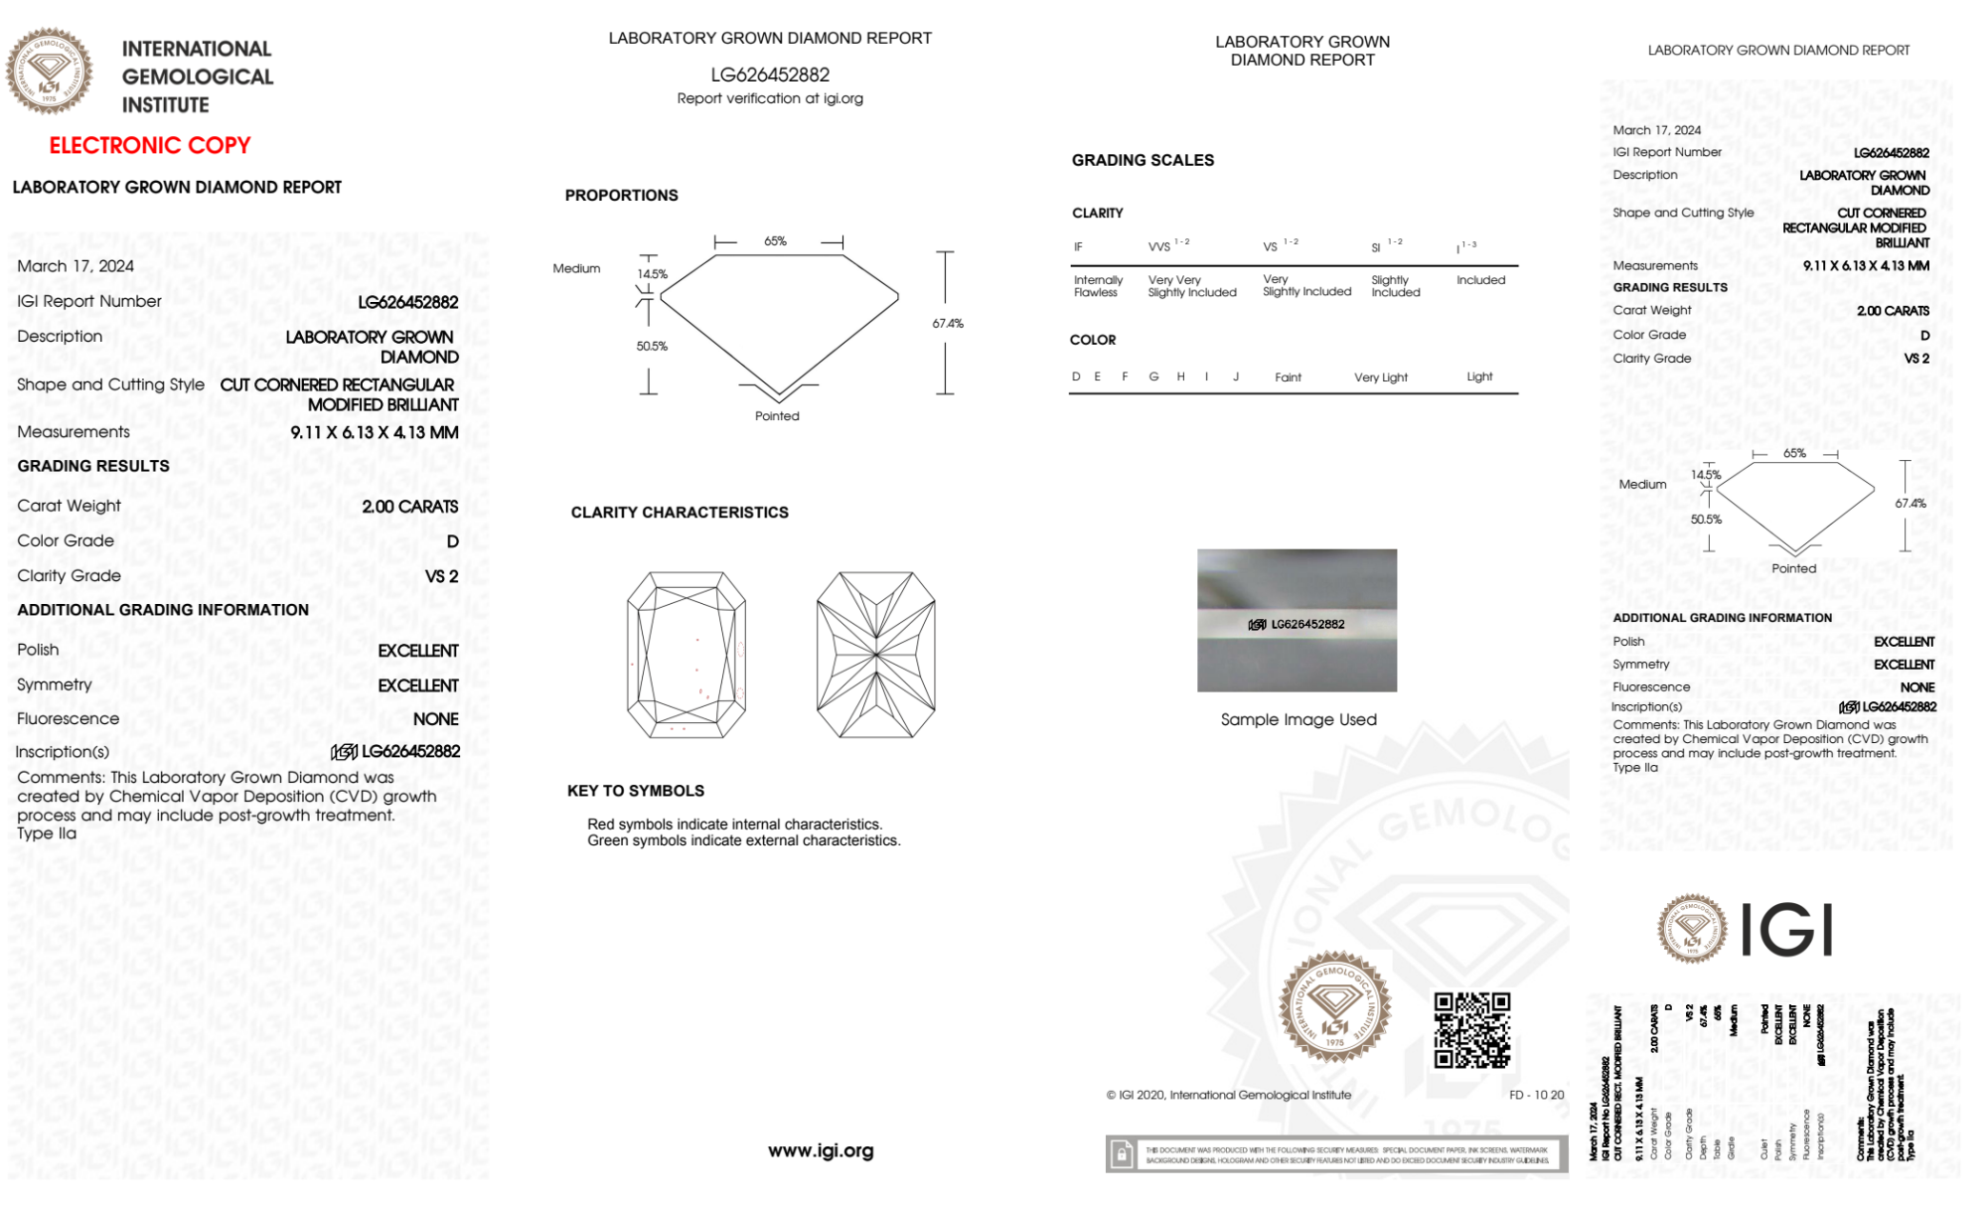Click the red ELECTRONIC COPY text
pyautogui.click(x=150, y=146)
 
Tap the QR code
pyautogui.click(x=1471, y=1030)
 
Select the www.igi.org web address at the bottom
pyautogui.click(x=821, y=1150)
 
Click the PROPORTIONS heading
pyautogui.click(x=621, y=196)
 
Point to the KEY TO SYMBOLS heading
pyautogui.click(x=636, y=791)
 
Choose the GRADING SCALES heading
pyautogui.click(x=1143, y=160)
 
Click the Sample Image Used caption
pyautogui.click(x=1299, y=719)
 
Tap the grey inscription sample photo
pyautogui.click(x=1297, y=620)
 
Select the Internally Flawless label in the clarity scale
pyautogui.click(x=1098, y=286)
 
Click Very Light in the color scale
pyautogui.click(x=1380, y=377)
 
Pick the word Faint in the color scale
pyautogui.click(x=1288, y=377)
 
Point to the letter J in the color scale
pyautogui.click(x=1236, y=377)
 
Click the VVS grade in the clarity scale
pyautogui.click(x=1160, y=246)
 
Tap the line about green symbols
pyautogui.click(x=743, y=840)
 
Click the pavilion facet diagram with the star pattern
pyautogui.click(x=875, y=655)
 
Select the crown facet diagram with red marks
pyautogui.click(x=687, y=655)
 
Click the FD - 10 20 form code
pyautogui.click(x=1536, y=1095)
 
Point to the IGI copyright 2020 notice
pyautogui.click(x=1229, y=1095)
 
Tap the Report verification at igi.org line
pyautogui.click(x=770, y=98)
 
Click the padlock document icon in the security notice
pyautogui.click(x=1122, y=1154)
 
